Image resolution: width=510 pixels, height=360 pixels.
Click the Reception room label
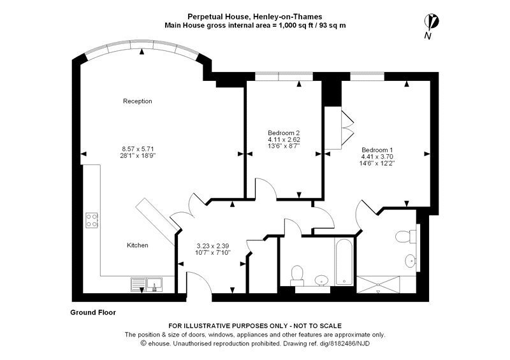coord(137,101)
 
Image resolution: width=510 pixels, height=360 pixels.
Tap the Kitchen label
coord(137,245)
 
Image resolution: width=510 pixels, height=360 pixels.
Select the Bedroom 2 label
coord(283,133)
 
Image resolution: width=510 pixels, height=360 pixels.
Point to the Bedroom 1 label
coord(377,150)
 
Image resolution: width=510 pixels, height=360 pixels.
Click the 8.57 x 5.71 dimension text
coord(138,149)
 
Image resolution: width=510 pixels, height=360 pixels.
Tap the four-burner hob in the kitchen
coord(92,220)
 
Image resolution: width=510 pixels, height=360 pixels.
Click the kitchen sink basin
coord(155,284)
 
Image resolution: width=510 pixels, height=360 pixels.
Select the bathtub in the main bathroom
coord(344,262)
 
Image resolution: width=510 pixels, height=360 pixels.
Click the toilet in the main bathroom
coord(297,275)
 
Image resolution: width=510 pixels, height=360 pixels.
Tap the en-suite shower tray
coord(378,285)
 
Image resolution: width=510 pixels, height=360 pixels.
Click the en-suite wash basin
coord(411,261)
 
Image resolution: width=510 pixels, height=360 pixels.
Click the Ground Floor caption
coord(93,312)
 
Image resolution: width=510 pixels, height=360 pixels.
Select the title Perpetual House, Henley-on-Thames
coord(254,17)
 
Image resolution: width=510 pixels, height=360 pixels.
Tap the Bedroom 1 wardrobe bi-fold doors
coord(347,128)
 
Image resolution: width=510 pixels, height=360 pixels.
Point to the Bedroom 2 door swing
coord(265,188)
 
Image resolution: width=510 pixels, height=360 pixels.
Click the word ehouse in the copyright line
coord(159,343)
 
